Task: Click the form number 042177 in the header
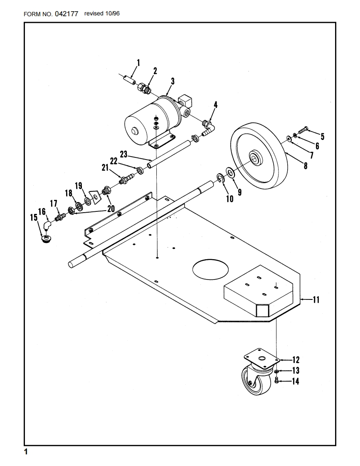click(x=67, y=14)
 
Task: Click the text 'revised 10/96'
click(x=102, y=13)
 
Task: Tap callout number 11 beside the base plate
click(x=316, y=299)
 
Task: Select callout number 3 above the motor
click(x=173, y=81)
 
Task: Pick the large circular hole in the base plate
click(x=210, y=270)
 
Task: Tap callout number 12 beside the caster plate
click(x=296, y=360)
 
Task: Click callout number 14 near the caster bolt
click(x=296, y=381)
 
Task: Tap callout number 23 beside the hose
click(x=124, y=154)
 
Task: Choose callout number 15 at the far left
click(x=34, y=218)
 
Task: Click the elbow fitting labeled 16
click(x=47, y=225)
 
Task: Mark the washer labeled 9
click(x=230, y=172)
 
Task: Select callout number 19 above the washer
click(x=79, y=186)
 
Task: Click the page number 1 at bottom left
click(x=26, y=452)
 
